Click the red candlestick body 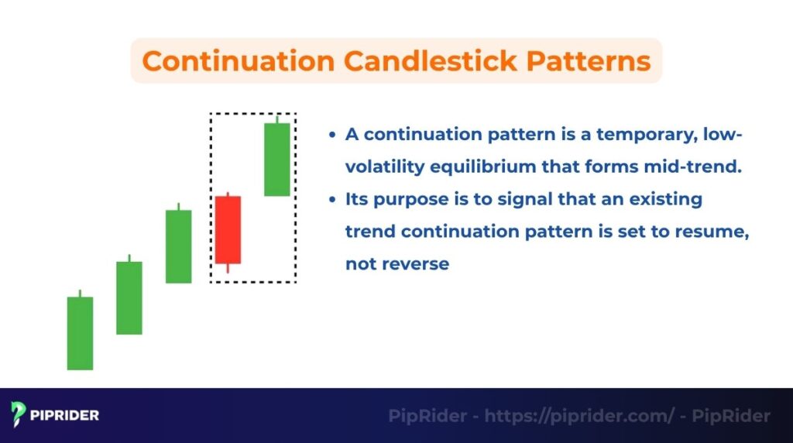tap(228, 229)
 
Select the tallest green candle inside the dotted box tap(276, 159)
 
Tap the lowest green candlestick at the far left tap(80, 333)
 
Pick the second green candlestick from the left tap(129, 297)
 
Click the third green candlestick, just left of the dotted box tap(178, 246)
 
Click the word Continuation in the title tap(229, 60)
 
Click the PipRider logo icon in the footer tap(19, 415)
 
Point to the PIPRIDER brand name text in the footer tap(65, 416)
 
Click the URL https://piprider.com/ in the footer tap(579, 416)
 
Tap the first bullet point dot tap(332, 135)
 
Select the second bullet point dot tap(332, 200)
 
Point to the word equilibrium tap(469, 167)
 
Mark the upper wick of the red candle tap(228, 194)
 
